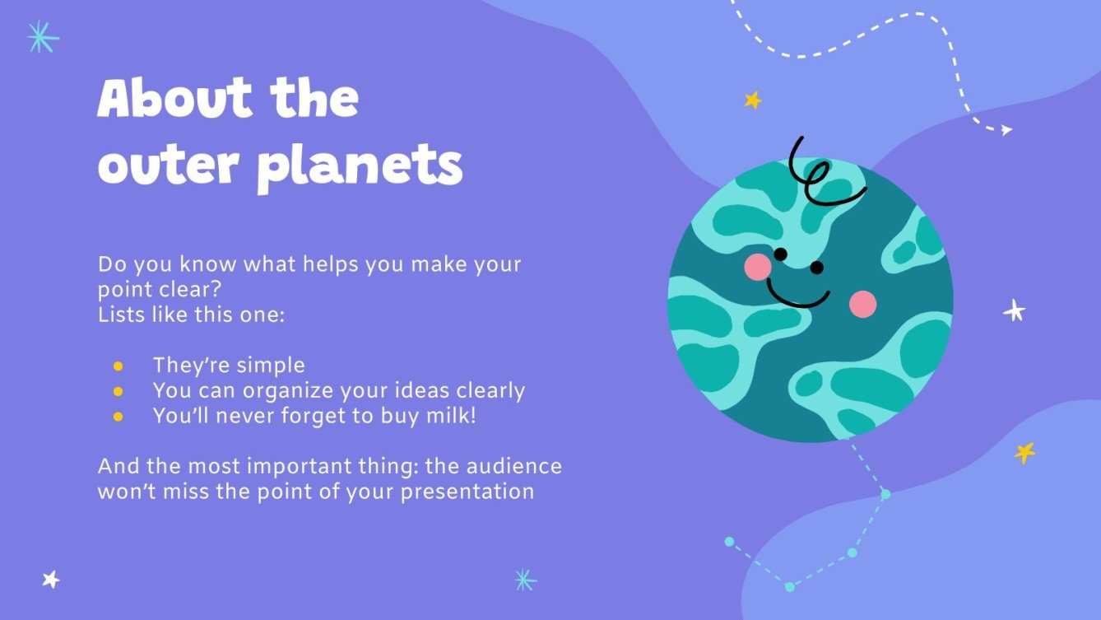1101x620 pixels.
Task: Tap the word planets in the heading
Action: click(360, 167)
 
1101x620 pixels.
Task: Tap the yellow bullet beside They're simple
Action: click(118, 366)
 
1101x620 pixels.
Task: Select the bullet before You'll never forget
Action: click(118, 417)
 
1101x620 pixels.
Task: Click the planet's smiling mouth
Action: click(797, 294)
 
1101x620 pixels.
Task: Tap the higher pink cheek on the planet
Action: click(757, 266)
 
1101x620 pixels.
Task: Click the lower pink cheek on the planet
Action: click(862, 304)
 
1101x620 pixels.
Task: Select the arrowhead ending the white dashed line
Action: click(1006, 129)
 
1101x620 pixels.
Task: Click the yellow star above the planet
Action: click(752, 100)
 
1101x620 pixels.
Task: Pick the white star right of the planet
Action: click(1014, 310)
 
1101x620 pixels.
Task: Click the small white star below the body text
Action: click(51, 579)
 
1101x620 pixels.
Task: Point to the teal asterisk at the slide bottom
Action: click(524, 580)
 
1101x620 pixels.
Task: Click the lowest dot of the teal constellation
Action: click(790, 587)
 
